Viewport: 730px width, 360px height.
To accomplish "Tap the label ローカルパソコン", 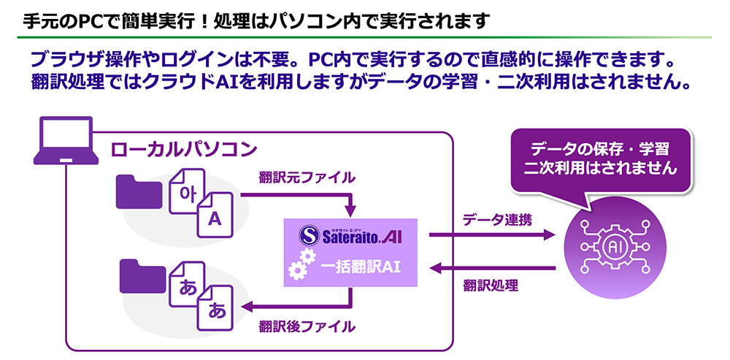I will click(x=183, y=150).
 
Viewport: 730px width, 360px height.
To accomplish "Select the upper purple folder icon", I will click(x=138, y=192).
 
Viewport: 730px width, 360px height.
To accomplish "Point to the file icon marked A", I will click(x=215, y=218).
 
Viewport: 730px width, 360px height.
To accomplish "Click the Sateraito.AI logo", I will click(x=349, y=235).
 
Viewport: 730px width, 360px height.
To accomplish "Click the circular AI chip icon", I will click(x=615, y=247).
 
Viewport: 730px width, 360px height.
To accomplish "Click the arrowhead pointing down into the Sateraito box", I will click(x=353, y=212).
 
